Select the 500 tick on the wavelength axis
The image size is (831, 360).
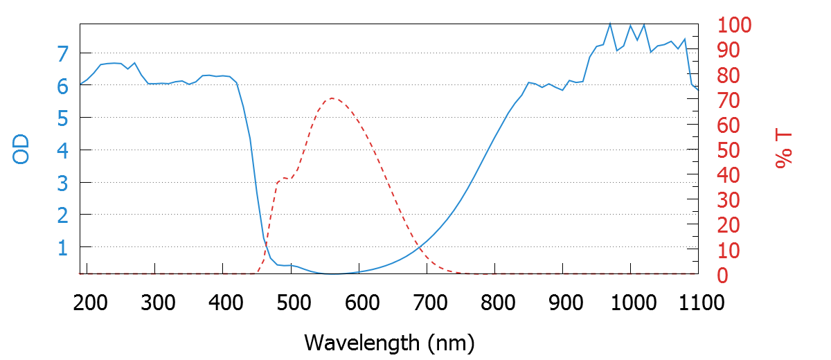(x=292, y=303)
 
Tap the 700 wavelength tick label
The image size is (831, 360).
(x=427, y=303)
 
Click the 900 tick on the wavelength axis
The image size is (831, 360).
(x=563, y=303)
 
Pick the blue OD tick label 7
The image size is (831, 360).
(x=63, y=54)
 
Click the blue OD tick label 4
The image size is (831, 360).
(x=63, y=151)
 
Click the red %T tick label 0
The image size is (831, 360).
(x=722, y=276)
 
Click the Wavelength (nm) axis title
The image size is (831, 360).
(x=389, y=342)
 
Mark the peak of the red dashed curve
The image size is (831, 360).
(x=332, y=98)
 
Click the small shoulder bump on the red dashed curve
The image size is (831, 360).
(x=283, y=179)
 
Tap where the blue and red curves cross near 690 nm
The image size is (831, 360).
(x=418, y=247)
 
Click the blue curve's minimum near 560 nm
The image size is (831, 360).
(x=334, y=274)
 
